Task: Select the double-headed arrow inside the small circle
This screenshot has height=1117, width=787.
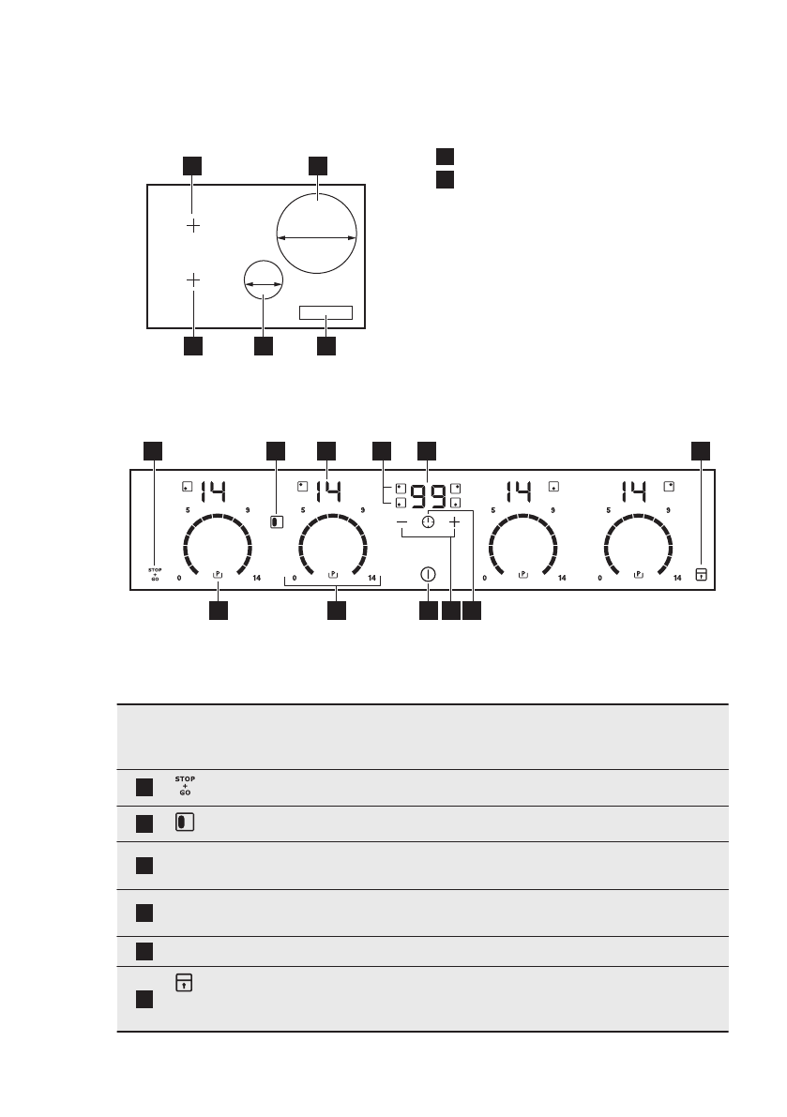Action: [263, 284]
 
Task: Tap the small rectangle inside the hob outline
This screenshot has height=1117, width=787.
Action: [326, 312]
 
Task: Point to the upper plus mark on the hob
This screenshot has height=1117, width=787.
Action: [192, 226]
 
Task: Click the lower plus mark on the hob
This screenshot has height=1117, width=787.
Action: [192, 279]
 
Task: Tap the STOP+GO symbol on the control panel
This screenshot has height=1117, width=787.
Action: [156, 574]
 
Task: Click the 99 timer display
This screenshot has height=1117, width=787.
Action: [428, 493]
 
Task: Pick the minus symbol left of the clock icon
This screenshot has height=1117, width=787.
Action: [401, 521]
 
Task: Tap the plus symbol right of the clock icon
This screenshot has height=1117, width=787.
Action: [455, 521]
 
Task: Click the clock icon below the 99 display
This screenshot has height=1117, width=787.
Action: [429, 521]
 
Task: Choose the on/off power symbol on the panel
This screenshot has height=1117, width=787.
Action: [429, 574]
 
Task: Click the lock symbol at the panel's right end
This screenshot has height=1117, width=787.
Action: [700, 574]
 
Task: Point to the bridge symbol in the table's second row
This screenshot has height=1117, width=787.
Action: [182, 823]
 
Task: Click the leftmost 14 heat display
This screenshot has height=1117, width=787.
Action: [213, 491]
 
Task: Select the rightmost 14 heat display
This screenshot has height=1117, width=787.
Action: [636, 491]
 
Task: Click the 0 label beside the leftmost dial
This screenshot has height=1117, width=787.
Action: [180, 579]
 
